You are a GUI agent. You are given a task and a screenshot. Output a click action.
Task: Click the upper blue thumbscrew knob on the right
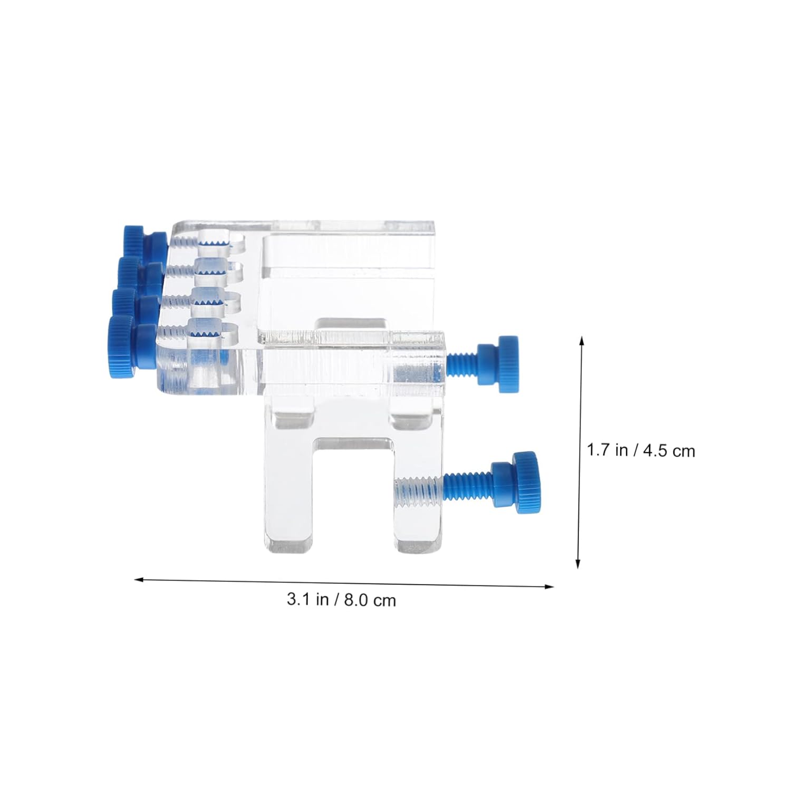(498, 363)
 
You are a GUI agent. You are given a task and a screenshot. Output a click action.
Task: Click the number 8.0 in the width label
(356, 600)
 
